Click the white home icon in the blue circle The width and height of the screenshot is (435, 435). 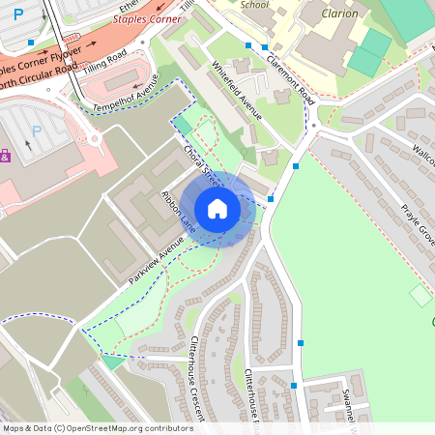tap(217, 209)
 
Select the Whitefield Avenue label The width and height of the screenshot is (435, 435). tap(237, 90)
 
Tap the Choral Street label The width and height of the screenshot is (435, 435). tap(202, 165)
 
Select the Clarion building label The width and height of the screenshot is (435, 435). tap(337, 14)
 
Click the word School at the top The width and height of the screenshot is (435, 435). tap(254, 4)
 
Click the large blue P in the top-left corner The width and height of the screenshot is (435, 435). tap(17, 15)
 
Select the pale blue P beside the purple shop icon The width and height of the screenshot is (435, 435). tap(37, 130)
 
